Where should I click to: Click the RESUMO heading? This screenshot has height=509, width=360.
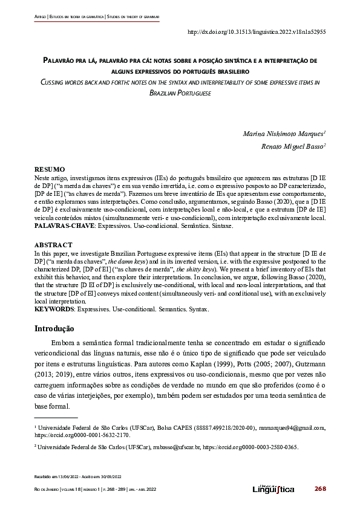point(50,170)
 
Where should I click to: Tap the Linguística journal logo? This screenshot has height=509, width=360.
point(273,488)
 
